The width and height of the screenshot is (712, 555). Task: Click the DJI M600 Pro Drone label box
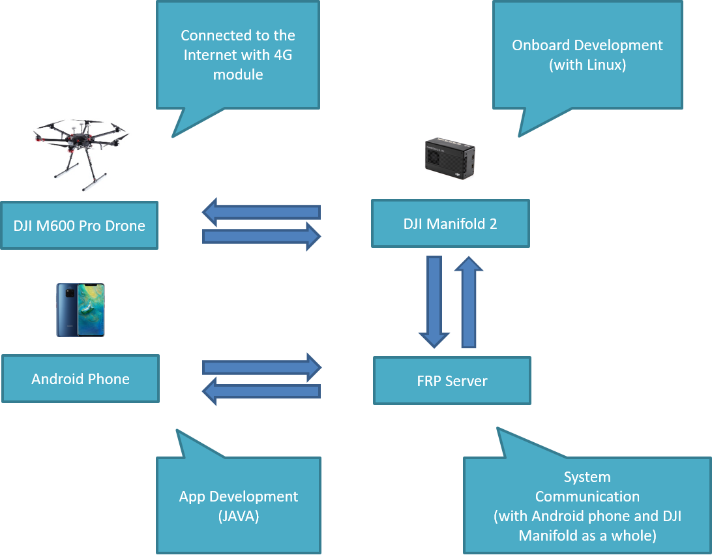79,226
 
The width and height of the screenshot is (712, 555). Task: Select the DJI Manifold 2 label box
450,224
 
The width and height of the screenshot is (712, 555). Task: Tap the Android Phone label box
80,379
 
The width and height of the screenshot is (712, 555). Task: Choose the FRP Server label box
452,381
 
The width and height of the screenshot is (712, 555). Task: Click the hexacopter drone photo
78,151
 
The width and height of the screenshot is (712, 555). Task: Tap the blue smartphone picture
80,310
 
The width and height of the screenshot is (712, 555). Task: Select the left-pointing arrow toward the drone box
261,212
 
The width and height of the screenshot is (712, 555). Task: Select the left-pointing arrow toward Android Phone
261,391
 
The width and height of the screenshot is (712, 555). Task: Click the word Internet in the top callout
212,55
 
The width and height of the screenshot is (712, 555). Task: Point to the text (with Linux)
587,65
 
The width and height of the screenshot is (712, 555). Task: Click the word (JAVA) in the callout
238,517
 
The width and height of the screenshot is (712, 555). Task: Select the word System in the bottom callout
587,477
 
